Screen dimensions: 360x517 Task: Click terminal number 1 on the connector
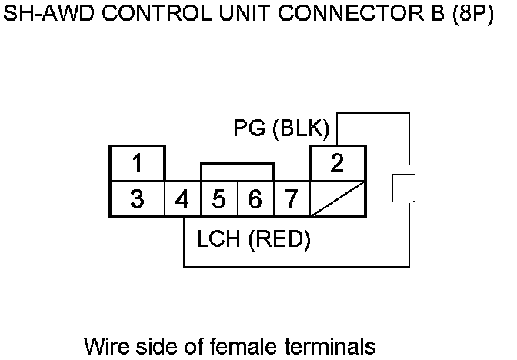(x=137, y=164)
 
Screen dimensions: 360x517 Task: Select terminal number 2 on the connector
(x=337, y=163)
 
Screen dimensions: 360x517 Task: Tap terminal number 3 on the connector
(x=137, y=200)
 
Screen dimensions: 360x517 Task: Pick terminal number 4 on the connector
(x=182, y=200)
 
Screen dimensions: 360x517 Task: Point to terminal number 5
(x=218, y=200)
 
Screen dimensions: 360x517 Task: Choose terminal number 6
(x=255, y=200)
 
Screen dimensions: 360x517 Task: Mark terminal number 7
(x=291, y=200)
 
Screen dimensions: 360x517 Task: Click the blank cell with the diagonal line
(x=337, y=200)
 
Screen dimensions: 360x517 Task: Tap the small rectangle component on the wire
(x=404, y=188)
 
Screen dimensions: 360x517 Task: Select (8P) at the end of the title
(x=471, y=16)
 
